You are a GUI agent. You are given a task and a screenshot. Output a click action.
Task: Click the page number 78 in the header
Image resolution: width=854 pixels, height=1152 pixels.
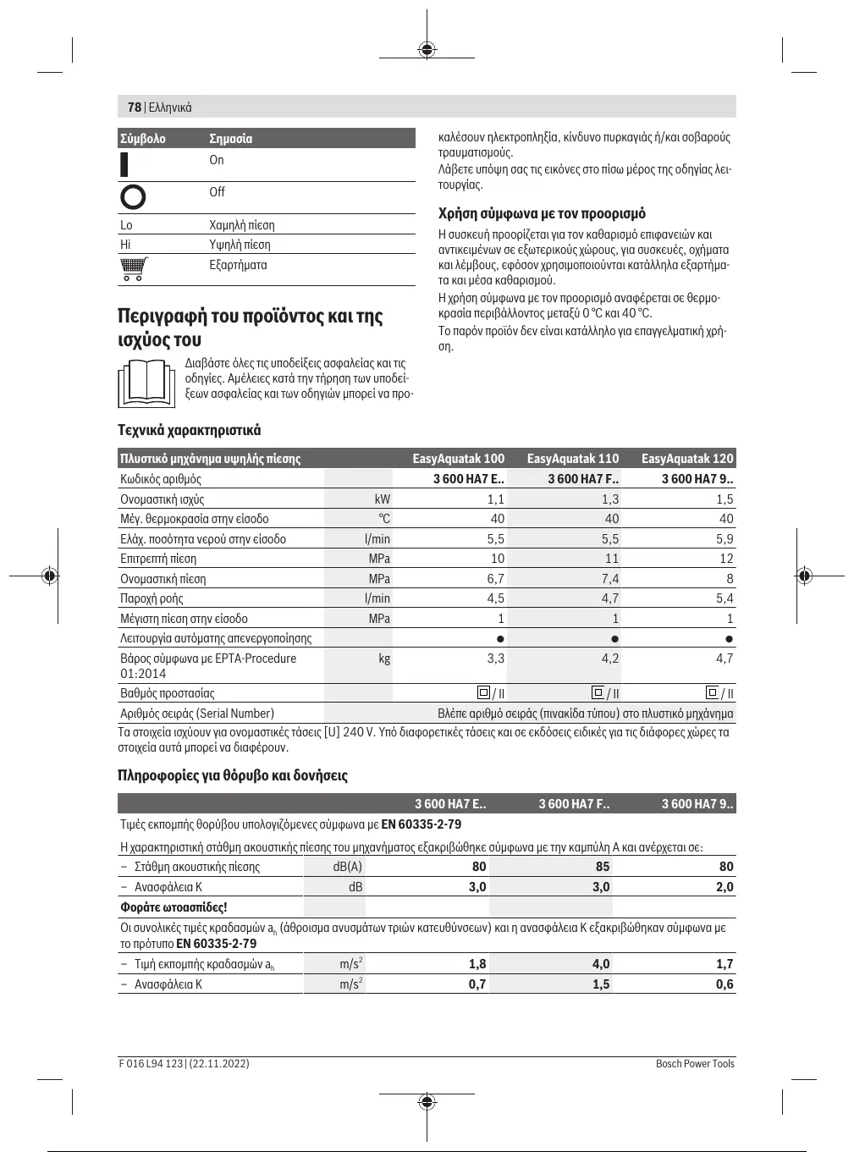pyautogui.click(x=134, y=107)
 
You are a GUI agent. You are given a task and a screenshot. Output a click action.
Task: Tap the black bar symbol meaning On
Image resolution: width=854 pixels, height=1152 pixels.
pyautogui.click(x=124, y=163)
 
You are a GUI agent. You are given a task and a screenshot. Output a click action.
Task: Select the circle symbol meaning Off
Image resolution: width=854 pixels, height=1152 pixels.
pyautogui.click(x=133, y=196)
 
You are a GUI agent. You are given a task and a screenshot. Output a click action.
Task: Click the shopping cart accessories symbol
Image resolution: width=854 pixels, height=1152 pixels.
pyautogui.click(x=133, y=268)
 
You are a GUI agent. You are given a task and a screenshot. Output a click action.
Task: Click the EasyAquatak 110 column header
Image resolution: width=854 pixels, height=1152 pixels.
pyautogui.click(x=573, y=459)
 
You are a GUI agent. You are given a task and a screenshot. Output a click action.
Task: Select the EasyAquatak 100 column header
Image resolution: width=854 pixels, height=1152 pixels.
pyautogui.click(x=458, y=459)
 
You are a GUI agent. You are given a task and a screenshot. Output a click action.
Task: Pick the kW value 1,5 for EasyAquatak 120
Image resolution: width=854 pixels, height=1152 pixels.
pyautogui.click(x=725, y=499)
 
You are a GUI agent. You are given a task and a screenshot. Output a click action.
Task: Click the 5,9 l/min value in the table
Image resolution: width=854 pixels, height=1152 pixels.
pyautogui.click(x=725, y=539)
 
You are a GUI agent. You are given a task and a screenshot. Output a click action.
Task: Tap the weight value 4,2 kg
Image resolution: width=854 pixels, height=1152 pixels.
pyautogui.click(x=609, y=659)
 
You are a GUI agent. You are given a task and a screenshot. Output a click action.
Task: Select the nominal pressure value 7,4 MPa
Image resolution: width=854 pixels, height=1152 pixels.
pyautogui.click(x=609, y=579)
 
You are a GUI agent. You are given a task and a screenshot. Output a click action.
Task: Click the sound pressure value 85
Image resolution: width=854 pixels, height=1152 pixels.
pyautogui.click(x=603, y=867)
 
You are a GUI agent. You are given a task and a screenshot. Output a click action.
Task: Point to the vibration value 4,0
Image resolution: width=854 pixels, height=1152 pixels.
pyautogui.click(x=601, y=964)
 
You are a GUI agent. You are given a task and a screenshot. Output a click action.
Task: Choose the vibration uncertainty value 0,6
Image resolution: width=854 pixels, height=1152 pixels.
pyautogui.click(x=725, y=984)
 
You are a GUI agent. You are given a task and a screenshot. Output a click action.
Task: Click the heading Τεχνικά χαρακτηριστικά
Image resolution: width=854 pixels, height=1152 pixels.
pyautogui.click(x=189, y=430)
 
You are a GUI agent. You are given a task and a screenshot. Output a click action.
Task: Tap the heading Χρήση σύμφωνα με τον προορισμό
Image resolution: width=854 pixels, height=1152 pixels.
pyautogui.click(x=542, y=213)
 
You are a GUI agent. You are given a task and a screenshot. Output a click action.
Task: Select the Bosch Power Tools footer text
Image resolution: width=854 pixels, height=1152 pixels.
pyautogui.click(x=695, y=1064)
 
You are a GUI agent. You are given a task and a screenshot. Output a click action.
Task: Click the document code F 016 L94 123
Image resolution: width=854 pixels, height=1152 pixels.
pyautogui.click(x=151, y=1064)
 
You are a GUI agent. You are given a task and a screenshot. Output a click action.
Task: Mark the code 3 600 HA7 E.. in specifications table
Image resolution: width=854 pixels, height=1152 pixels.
pyautogui.click(x=468, y=479)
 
